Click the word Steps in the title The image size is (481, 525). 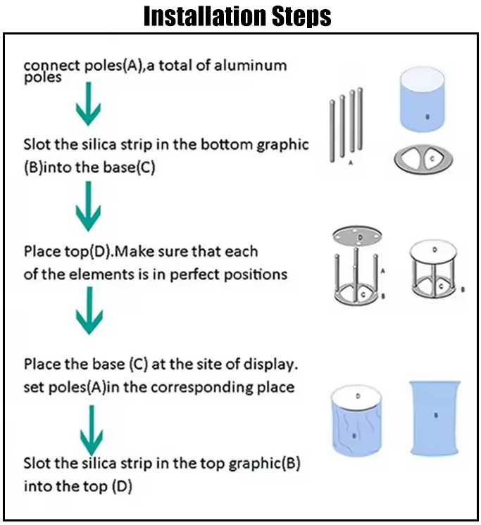point(301,16)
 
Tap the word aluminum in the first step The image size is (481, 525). point(250,65)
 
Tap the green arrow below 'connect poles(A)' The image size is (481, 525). point(89,103)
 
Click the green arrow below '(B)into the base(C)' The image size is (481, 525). point(89,205)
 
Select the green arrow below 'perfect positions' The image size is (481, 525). point(89,310)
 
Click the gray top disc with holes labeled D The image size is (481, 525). point(357,236)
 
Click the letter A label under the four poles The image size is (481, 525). point(351,163)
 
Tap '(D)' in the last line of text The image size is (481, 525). point(122,486)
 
